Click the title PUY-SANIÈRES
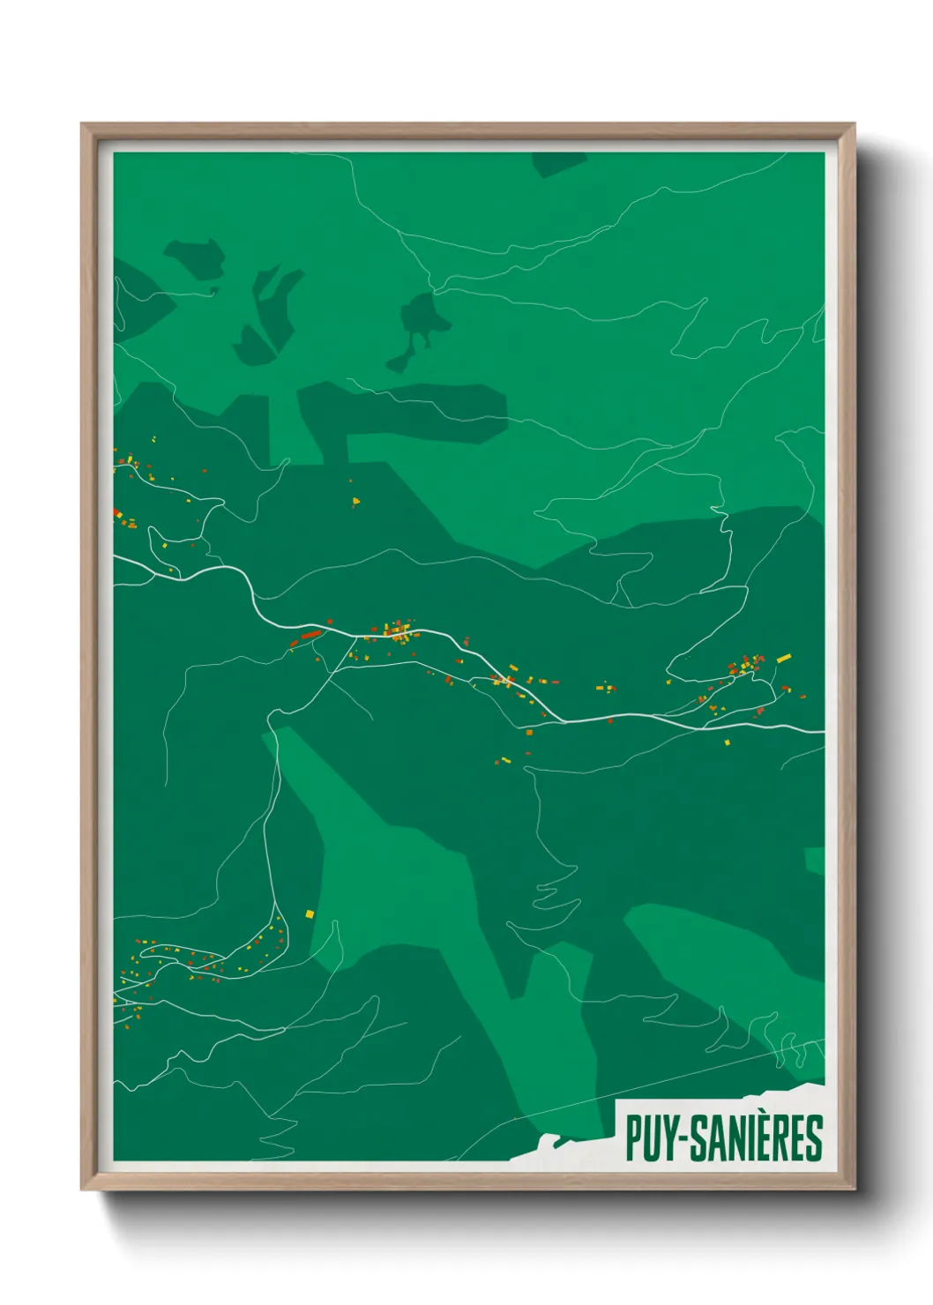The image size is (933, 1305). click(x=723, y=1137)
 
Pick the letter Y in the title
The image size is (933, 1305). click(x=668, y=1138)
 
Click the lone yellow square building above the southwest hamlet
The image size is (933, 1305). click(x=310, y=913)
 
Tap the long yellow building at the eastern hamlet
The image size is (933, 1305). click(x=783, y=658)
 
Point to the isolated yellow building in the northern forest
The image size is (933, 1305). click(x=356, y=502)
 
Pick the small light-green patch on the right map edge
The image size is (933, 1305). click(x=815, y=860)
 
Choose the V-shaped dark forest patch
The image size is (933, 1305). click(x=266, y=317)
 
